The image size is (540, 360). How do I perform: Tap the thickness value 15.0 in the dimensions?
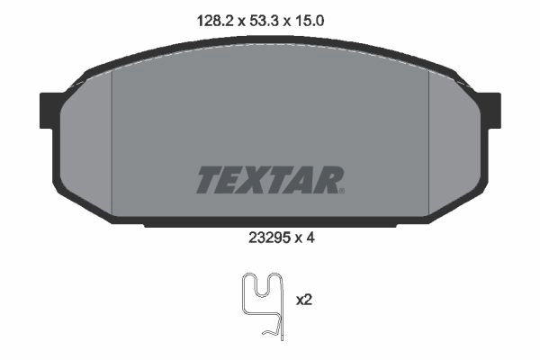[309, 21]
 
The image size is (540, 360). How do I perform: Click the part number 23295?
[268, 238]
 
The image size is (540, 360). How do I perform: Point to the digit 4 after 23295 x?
[310, 238]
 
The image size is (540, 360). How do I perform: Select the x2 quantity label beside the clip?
[304, 300]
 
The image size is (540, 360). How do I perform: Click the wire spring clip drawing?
[263, 306]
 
